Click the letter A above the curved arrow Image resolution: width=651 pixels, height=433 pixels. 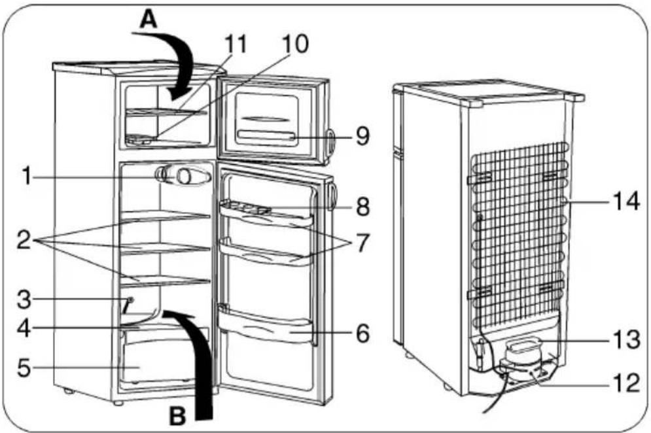point(148,19)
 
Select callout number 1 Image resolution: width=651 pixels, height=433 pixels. point(27,175)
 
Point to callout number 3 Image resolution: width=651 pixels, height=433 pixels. point(24,300)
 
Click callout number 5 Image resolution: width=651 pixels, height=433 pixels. point(24,368)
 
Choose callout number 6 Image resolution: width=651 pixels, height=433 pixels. point(362,334)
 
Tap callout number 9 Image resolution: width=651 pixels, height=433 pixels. point(362,136)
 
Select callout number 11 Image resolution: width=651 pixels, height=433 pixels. point(236,44)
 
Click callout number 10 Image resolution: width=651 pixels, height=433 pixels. point(295,44)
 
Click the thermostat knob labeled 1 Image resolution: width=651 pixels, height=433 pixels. point(183,176)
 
